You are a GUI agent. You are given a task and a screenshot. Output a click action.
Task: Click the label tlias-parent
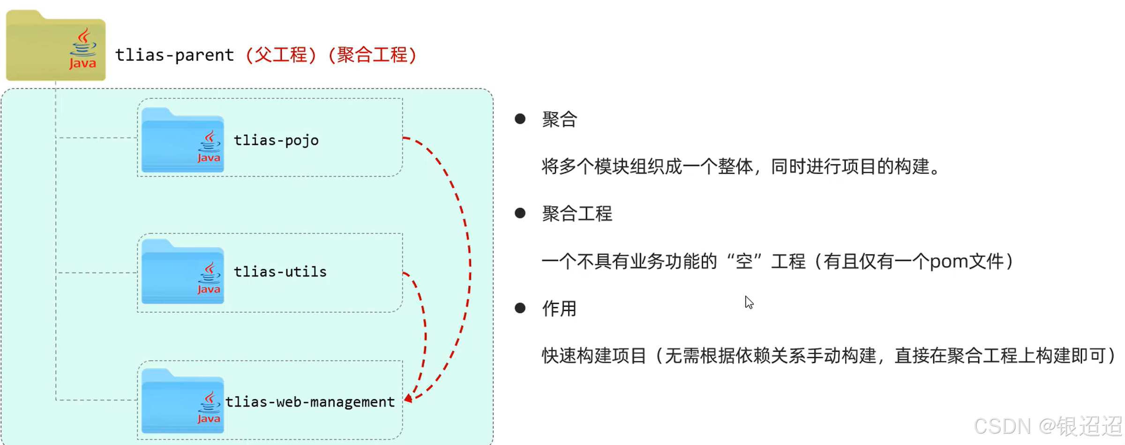(174, 55)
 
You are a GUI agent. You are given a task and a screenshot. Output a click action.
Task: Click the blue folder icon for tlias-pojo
(182, 141)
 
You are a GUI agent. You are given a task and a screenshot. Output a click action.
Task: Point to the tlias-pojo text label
(276, 140)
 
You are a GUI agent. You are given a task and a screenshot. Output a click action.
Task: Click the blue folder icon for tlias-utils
(182, 272)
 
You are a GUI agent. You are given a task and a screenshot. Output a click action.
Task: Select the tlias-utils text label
(280, 272)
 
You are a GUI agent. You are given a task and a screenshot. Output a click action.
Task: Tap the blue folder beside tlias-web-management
(182, 401)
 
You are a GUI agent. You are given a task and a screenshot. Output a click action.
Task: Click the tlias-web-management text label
(310, 402)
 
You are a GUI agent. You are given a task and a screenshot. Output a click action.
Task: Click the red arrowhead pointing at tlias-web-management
(408, 398)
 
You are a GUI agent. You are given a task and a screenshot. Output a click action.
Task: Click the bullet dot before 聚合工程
(520, 213)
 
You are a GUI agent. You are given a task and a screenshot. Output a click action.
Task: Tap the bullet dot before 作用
(520, 308)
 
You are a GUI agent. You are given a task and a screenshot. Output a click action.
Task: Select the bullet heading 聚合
(559, 119)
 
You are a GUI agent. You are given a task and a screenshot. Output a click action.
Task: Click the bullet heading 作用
(559, 309)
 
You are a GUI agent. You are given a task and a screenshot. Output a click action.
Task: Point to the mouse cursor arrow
(749, 302)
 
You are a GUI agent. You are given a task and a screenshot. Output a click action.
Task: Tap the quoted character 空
(744, 261)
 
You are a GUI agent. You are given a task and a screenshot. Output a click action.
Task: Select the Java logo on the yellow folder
(82, 49)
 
